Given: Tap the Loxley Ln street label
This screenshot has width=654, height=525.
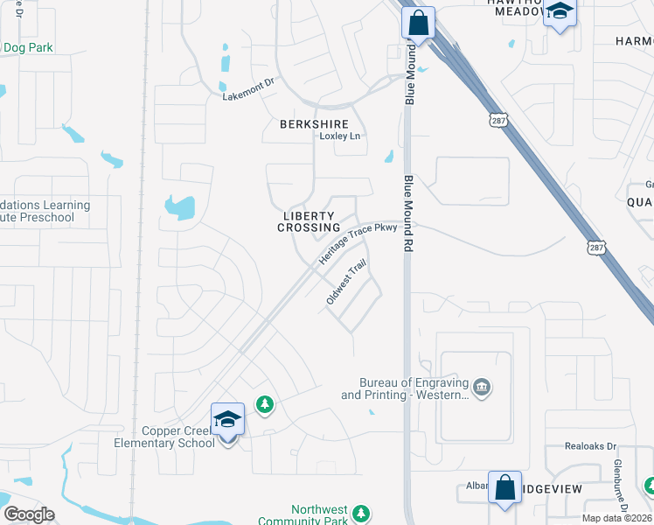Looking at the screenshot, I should coord(339,136).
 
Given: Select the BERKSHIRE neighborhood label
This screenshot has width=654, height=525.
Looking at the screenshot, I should coord(314,124).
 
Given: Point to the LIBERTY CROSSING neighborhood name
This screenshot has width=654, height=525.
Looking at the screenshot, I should coord(309,221).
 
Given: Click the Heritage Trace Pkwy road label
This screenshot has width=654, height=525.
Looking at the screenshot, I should coord(358,243).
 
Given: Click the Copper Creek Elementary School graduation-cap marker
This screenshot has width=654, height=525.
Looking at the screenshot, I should coord(227,420).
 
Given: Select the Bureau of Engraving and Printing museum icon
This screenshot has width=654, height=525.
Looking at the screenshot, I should coord(480,387).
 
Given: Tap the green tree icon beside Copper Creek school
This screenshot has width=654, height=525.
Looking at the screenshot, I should coord(264,404).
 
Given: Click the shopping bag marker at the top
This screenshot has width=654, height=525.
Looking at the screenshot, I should coord(418,24).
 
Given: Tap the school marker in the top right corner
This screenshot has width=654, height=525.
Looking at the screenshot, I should coord(560,13).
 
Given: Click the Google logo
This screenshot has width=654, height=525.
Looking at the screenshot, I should coord(29,514).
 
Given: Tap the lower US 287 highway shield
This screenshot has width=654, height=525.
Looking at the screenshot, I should coord(593,248).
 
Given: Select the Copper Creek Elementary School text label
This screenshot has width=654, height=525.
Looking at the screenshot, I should coord(164,437).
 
